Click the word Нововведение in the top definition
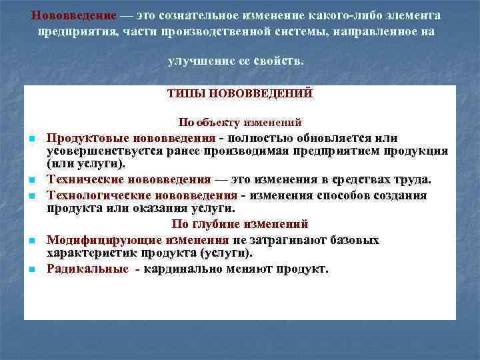(x=73, y=15)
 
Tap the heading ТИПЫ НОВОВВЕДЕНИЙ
(x=240, y=94)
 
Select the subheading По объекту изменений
(x=240, y=123)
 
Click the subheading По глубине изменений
(x=240, y=224)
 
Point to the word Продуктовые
(x=83, y=138)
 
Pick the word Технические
(x=82, y=179)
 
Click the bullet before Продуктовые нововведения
(x=31, y=139)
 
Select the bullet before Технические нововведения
(x=31, y=180)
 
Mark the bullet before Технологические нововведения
(x=31, y=196)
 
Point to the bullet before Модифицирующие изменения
(x=31, y=240)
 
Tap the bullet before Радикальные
(x=31, y=269)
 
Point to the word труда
(x=413, y=179)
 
